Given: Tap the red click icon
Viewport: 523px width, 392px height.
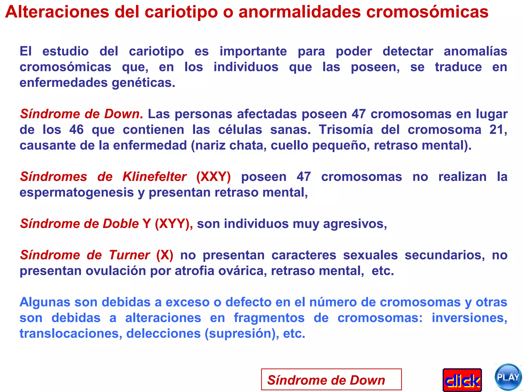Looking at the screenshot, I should [462, 380].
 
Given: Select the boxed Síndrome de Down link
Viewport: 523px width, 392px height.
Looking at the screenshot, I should [331, 380].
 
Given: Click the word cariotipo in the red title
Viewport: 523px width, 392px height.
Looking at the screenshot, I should [181, 12].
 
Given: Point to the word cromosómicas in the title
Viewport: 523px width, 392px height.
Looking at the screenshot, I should [427, 12].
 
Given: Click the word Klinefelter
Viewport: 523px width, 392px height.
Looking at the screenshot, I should [154, 177].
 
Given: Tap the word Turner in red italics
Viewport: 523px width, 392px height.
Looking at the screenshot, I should [129, 255].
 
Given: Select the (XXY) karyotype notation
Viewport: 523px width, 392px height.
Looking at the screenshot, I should [213, 177].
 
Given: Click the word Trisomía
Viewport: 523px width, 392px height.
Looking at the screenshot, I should [346, 130].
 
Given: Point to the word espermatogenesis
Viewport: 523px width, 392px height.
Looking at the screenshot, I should [77, 192].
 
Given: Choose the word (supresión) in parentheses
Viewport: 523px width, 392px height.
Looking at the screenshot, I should [242, 334].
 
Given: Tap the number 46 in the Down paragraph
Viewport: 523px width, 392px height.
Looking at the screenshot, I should [76, 130].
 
